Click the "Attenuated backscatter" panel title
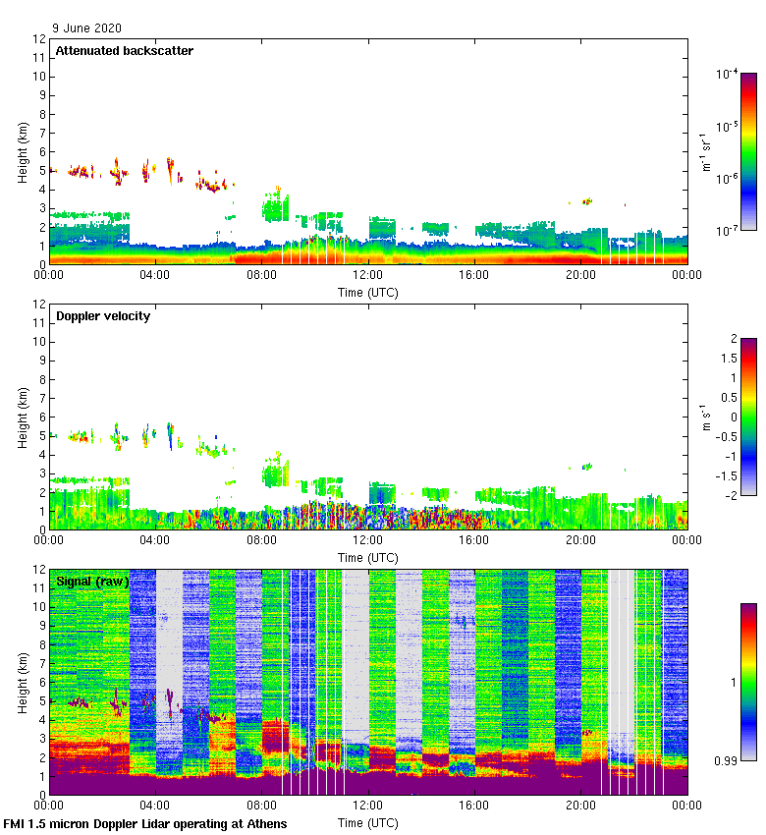tap(124, 50)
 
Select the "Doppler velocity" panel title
tap(103, 315)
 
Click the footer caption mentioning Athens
tap(145, 823)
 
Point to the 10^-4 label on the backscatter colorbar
tap(728, 74)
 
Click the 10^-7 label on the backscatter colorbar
tap(728, 230)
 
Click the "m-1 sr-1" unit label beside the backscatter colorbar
tap(704, 151)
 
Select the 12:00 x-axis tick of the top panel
tap(368, 276)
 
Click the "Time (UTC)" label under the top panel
tap(368, 292)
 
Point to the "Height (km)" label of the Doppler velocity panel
tap(23, 417)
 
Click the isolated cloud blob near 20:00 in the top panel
tap(586, 200)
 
